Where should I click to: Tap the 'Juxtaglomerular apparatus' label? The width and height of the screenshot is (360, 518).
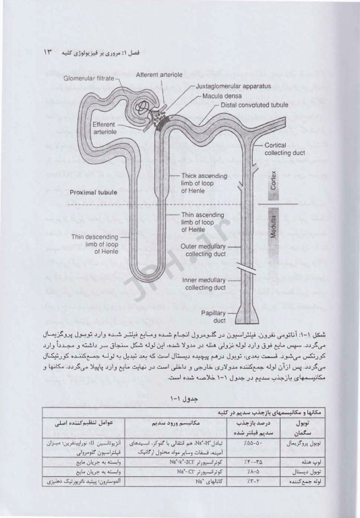[216, 87]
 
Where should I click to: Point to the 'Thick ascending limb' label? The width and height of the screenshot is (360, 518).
[202, 182]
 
